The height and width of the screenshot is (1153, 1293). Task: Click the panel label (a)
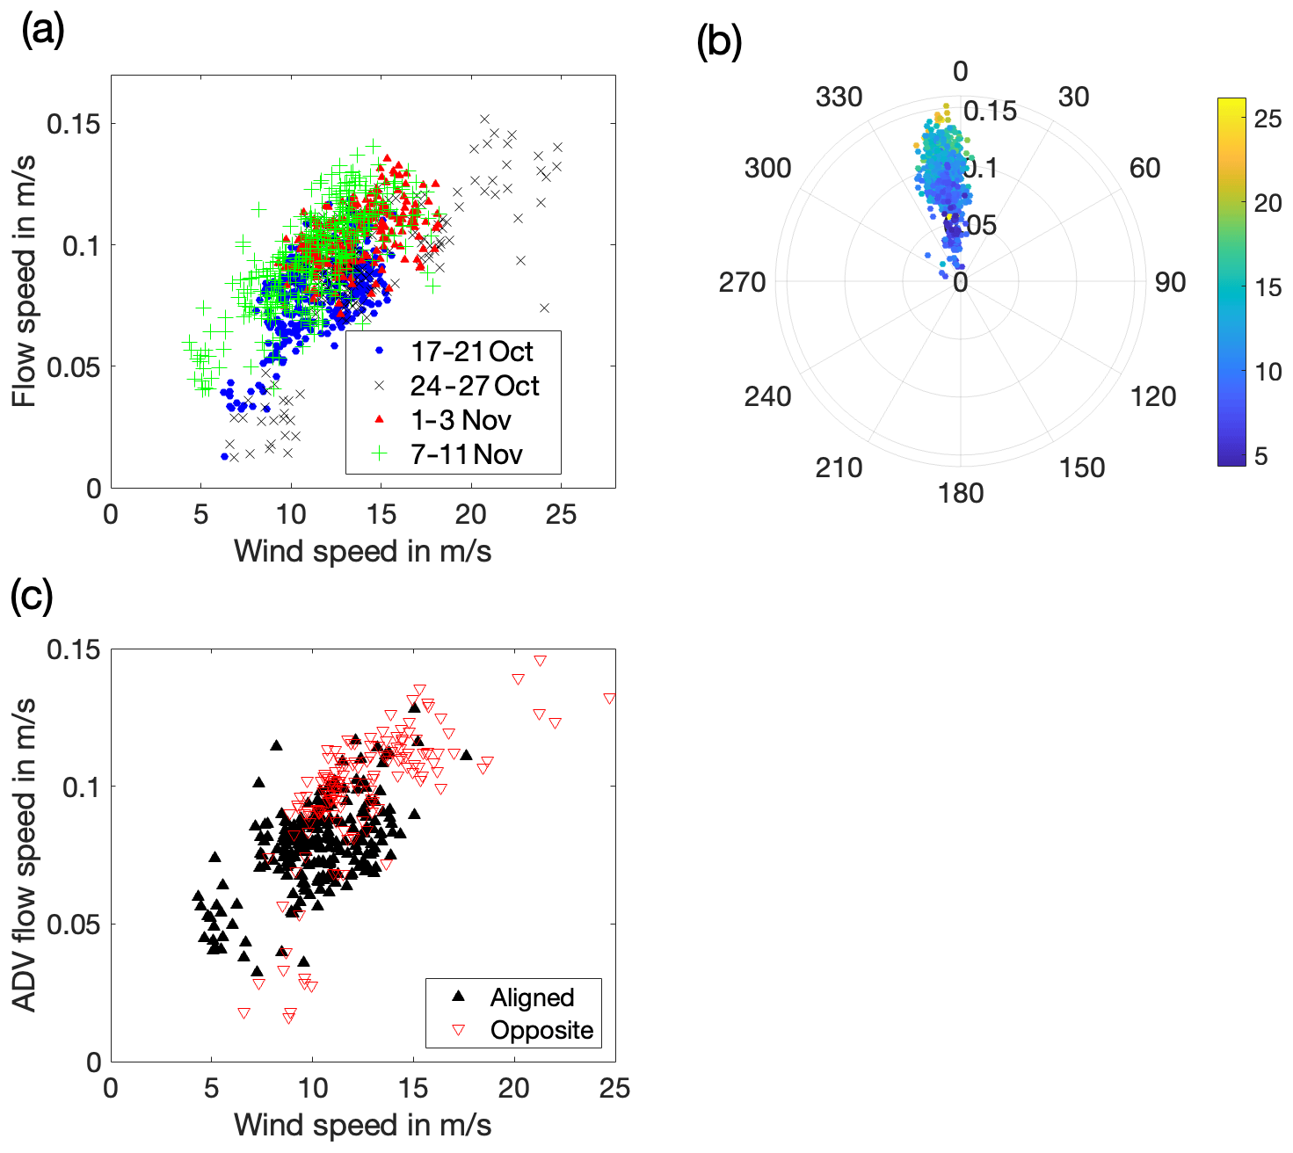43,33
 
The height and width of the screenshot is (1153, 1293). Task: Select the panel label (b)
718,41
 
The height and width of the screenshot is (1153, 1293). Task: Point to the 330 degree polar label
839,98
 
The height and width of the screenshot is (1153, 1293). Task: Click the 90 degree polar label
1170,282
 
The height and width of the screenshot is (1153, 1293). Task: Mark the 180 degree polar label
960,493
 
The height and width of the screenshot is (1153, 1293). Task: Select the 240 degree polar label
767,396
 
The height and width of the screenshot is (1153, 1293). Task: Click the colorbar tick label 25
1268,119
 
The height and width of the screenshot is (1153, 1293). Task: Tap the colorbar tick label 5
1260,456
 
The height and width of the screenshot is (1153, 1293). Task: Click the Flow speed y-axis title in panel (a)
25,281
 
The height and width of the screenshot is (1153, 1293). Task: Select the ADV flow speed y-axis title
25,854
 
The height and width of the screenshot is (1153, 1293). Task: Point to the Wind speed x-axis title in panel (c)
362,1125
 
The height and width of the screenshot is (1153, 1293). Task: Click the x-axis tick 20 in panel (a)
471,514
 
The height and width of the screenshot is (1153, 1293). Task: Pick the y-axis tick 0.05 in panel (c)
74,925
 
